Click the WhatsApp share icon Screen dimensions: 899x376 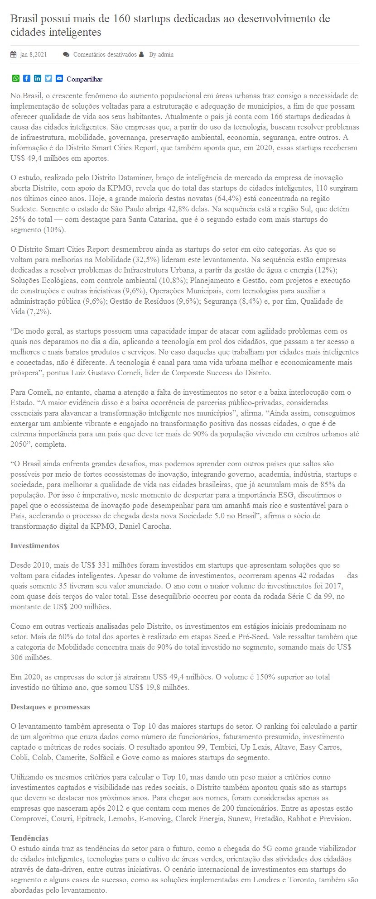[x=16, y=78]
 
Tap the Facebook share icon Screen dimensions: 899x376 [x=27, y=78]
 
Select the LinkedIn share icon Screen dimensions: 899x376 [x=38, y=78]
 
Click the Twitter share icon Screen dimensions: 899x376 [x=48, y=78]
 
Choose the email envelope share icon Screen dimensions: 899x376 [x=59, y=78]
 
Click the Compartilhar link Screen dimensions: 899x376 [x=84, y=79]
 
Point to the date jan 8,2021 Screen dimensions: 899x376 [x=34, y=55]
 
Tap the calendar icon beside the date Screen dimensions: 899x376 [x=14, y=55]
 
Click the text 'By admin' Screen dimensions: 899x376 [x=161, y=55]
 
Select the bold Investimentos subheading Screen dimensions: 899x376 [x=35, y=546]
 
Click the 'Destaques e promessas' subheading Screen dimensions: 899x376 [x=50, y=707]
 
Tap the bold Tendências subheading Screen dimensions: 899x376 [x=29, y=838]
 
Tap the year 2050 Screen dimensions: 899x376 [x=19, y=445]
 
